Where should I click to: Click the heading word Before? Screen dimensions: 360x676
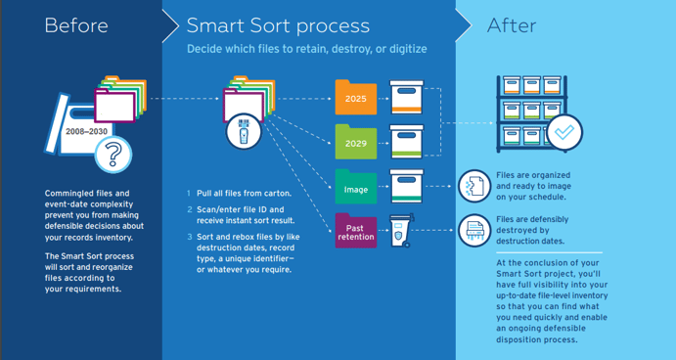click(75, 25)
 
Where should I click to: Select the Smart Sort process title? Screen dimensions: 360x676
click(278, 25)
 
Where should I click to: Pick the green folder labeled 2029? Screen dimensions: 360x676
click(356, 142)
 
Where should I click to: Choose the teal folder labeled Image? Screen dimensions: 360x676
click(356, 186)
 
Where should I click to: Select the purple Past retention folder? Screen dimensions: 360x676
click(356, 231)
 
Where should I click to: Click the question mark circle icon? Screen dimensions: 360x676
click(115, 154)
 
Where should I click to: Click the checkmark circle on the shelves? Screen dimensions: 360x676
click(563, 132)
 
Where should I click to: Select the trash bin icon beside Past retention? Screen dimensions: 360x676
click(402, 231)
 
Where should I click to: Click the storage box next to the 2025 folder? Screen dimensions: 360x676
click(406, 98)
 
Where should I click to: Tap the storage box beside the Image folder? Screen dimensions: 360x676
click(406, 185)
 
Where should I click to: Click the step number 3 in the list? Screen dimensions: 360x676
click(190, 238)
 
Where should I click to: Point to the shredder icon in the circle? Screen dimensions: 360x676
click(474, 230)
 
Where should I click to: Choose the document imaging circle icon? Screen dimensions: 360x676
click(474, 185)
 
